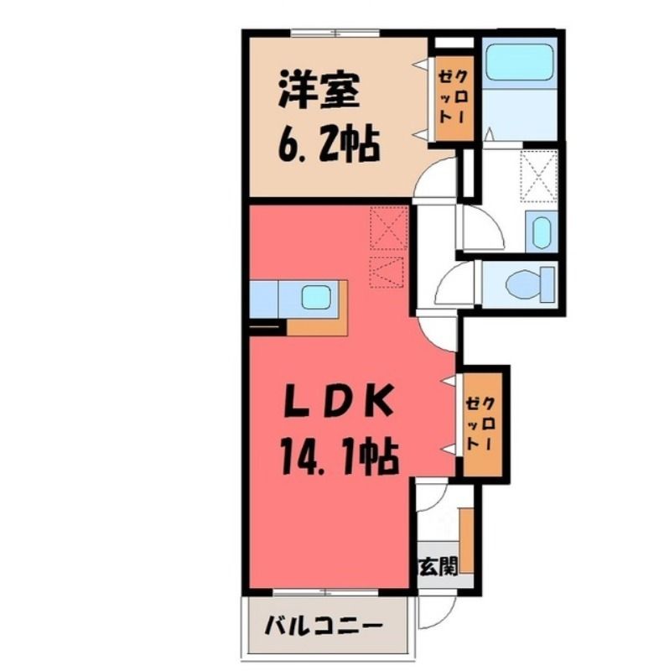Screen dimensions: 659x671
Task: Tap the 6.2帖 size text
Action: [329, 144]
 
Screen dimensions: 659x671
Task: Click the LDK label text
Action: [338, 401]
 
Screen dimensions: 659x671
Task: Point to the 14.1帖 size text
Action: [339, 457]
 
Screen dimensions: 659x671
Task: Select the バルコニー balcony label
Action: [323, 627]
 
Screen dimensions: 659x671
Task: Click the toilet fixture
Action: [530, 283]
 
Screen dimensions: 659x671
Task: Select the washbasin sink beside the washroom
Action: [542, 231]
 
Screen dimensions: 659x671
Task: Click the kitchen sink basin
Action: [315, 297]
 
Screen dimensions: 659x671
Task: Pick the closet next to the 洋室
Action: [454, 98]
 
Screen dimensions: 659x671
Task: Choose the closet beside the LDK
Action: [483, 424]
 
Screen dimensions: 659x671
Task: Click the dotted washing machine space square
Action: [539, 176]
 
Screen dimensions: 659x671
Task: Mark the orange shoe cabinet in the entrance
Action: [466, 540]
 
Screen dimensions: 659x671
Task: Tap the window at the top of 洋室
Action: [335, 33]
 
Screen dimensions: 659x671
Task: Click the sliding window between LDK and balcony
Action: [325, 592]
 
